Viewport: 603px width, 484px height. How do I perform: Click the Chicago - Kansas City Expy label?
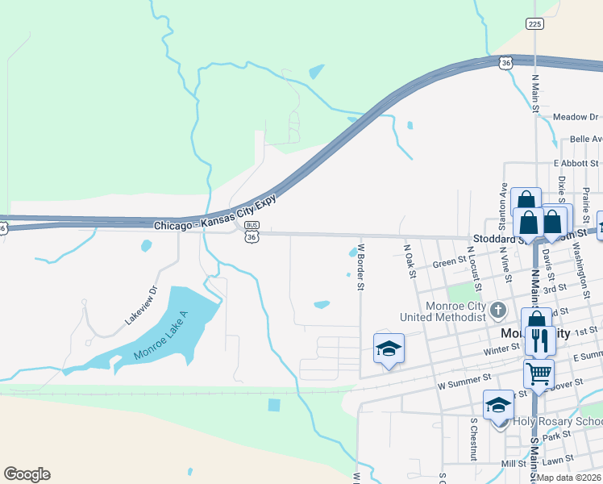214,213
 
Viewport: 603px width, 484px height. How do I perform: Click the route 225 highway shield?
534,24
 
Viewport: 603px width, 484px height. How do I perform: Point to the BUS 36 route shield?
252,232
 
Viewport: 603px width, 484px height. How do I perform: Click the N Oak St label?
410,262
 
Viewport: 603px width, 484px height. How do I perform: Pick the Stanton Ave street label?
504,205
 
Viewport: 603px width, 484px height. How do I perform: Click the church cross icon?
498,310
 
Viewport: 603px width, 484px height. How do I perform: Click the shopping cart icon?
539,373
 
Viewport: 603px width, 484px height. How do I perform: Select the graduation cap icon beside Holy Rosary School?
498,406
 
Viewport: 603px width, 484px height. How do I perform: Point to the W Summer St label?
464,378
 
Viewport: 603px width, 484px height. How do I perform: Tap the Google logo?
27,474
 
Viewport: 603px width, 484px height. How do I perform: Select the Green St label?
444,263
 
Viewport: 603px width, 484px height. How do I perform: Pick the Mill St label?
513,464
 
